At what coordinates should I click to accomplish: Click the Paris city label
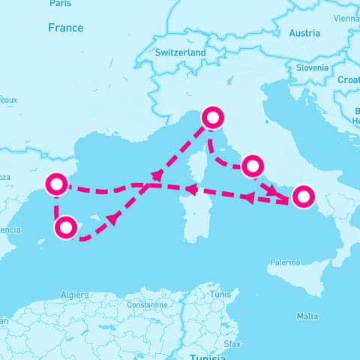(x=61, y=4)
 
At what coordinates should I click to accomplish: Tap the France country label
(x=65, y=28)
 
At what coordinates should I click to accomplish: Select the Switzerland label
(x=180, y=53)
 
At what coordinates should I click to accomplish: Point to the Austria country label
(x=304, y=33)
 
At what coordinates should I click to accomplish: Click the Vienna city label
(x=347, y=18)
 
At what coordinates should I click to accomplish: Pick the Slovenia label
(x=312, y=67)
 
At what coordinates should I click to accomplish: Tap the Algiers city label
(x=73, y=295)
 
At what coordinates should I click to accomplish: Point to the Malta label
(x=307, y=316)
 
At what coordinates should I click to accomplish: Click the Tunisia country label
(x=207, y=356)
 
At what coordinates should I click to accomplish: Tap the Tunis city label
(x=220, y=295)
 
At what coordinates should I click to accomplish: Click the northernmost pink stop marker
(x=213, y=117)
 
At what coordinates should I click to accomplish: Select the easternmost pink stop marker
(x=302, y=196)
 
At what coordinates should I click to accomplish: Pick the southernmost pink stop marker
(x=66, y=227)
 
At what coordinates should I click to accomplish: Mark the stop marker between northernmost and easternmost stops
(x=252, y=165)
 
